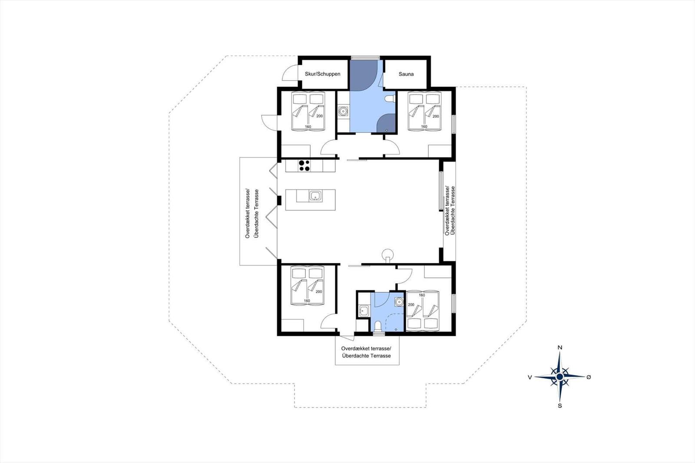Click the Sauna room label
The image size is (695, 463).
(x=406, y=74)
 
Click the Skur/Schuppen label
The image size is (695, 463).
(x=322, y=74)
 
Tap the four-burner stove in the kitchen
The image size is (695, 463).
(x=304, y=165)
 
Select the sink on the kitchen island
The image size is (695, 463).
(x=315, y=196)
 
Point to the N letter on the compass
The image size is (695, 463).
(x=560, y=347)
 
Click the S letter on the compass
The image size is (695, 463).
(x=560, y=406)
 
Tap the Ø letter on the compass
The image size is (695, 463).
(x=589, y=377)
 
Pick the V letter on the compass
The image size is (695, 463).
(x=530, y=377)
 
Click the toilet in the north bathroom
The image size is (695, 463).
(x=390, y=98)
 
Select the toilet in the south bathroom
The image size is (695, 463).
(x=378, y=327)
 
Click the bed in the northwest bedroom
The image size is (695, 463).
(x=308, y=111)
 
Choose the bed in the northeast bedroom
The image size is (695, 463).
(x=424, y=111)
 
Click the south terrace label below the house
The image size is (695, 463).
(x=366, y=352)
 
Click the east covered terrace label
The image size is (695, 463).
(x=450, y=211)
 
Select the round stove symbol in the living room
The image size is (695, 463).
(x=387, y=254)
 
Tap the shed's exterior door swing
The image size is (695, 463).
(x=290, y=74)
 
